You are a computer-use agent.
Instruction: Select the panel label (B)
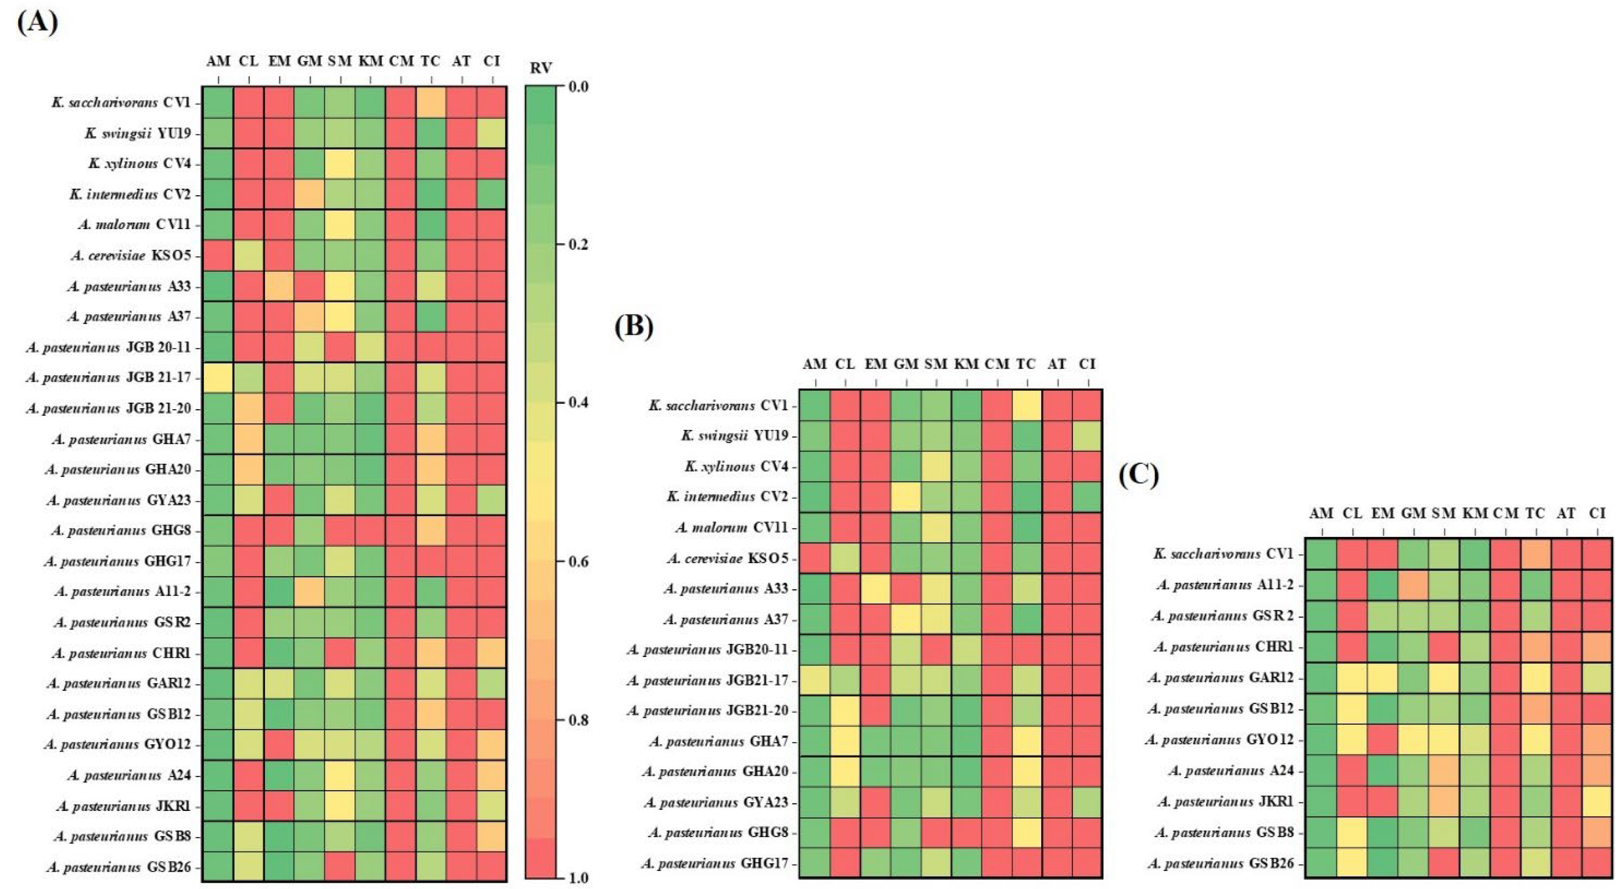click(633, 326)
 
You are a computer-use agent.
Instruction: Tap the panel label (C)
click(1138, 476)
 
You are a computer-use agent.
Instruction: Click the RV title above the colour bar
click(540, 68)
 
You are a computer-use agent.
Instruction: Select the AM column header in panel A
click(218, 61)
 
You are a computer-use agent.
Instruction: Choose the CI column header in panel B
click(1087, 363)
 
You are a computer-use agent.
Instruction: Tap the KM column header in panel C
click(1474, 514)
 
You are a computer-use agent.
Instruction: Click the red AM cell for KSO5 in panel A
click(218, 255)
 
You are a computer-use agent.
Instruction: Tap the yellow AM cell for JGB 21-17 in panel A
click(218, 378)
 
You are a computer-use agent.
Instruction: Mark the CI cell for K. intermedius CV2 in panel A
click(492, 194)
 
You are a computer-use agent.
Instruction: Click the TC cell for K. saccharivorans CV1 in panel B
click(1027, 405)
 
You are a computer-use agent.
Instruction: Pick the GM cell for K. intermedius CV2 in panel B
click(906, 497)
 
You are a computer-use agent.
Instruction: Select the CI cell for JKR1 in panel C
click(1597, 802)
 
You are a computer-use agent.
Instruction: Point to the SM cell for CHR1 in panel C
click(1444, 647)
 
